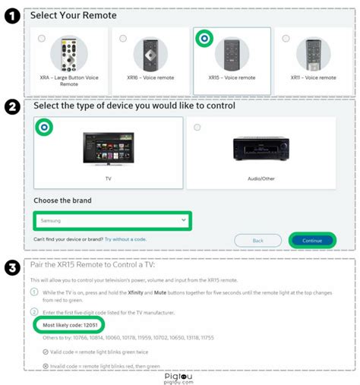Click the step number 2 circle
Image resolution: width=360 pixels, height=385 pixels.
10,107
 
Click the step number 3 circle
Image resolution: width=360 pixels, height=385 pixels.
10,268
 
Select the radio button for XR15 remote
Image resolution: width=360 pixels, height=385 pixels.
204,37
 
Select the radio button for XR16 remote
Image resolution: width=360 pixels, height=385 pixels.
122,37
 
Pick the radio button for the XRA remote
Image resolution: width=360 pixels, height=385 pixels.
41,37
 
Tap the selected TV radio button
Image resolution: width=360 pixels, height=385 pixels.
45,128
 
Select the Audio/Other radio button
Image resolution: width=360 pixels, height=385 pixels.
197,127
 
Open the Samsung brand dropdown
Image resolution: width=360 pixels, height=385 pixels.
111,220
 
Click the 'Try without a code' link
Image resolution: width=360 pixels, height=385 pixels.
125,239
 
